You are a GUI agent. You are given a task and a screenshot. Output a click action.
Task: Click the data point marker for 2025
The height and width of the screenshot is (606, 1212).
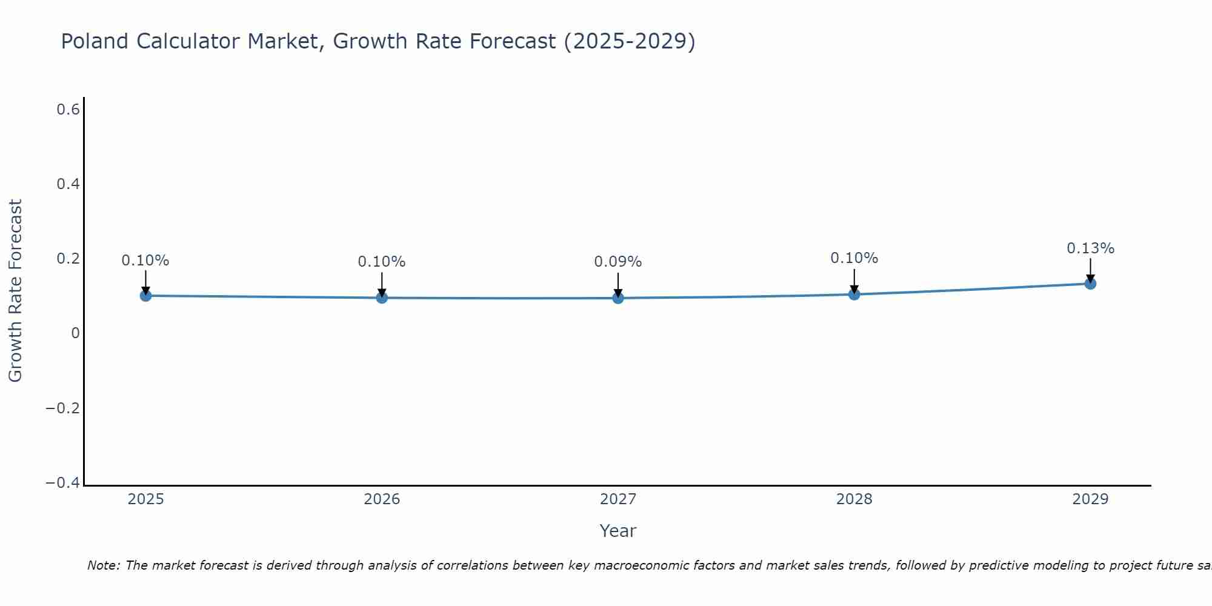pos(145,296)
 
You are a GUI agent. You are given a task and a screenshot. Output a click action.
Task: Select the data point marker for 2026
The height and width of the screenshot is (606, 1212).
pos(382,298)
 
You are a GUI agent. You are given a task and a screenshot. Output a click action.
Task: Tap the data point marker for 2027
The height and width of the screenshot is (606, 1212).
pos(618,298)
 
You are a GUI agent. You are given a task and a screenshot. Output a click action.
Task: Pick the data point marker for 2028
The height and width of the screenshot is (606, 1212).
pos(854,295)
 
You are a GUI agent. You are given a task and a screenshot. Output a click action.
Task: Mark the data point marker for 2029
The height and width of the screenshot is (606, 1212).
pos(1090,284)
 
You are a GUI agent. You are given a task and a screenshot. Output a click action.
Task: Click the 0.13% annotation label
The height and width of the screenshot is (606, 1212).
pos(1090,248)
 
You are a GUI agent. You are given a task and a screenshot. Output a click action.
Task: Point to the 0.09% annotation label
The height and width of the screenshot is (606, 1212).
pos(618,262)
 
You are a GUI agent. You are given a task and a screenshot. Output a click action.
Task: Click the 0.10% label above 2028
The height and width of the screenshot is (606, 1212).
pos(854,258)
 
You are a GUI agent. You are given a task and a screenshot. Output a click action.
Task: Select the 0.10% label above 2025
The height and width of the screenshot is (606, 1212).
pos(145,261)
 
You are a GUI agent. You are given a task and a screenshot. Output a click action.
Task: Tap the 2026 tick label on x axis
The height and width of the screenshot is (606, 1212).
pos(382,499)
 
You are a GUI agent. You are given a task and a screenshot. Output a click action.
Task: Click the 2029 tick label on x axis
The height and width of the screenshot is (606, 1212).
pos(1090,499)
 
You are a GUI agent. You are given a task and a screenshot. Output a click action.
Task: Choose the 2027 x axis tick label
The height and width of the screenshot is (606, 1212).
pos(618,499)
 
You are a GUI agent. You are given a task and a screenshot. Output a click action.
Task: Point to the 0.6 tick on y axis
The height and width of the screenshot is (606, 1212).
pos(68,110)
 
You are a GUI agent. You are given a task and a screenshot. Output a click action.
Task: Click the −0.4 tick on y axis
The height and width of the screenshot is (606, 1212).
pos(62,483)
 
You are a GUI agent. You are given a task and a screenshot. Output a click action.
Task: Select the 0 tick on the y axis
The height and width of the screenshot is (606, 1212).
pos(75,333)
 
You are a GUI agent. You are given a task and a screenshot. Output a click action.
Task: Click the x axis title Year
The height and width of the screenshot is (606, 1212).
pos(618,531)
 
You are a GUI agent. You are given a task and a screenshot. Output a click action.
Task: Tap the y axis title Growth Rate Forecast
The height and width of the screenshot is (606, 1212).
pos(15,291)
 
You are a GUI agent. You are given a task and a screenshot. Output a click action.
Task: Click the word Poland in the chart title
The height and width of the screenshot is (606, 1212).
pos(95,41)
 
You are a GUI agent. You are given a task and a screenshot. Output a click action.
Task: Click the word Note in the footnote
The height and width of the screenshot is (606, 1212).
pos(103,565)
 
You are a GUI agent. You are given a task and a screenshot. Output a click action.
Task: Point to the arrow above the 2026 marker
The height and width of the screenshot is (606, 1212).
pos(382,284)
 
